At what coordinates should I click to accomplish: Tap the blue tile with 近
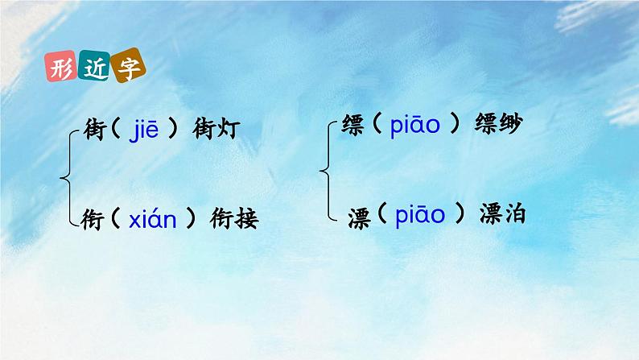[94, 68]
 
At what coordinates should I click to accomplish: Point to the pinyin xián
[153, 218]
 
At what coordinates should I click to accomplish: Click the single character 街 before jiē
[95, 129]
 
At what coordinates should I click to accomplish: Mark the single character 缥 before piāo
[352, 127]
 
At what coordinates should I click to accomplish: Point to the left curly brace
[71, 172]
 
